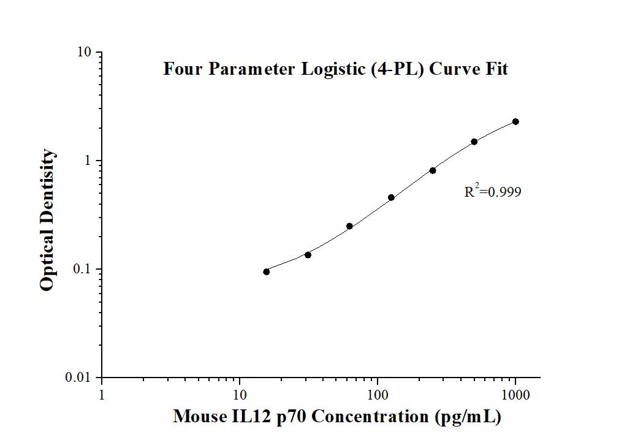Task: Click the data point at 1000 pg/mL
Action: [515, 122]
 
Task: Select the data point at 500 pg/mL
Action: [474, 142]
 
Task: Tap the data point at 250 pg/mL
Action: [433, 170]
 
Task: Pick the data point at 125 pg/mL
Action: [391, 197]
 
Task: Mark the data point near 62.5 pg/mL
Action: [349, 226]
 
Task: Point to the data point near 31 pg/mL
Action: [308, 254]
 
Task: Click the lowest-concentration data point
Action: [266, 271]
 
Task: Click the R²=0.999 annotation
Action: [492, 192]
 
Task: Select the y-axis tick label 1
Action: [89, 161]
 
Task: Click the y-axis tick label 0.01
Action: [80, 378]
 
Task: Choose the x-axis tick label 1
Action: [102, 396]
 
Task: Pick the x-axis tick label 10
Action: [240, 396]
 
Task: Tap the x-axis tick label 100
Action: [378, 396]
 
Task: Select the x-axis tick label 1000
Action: [515, 396]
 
